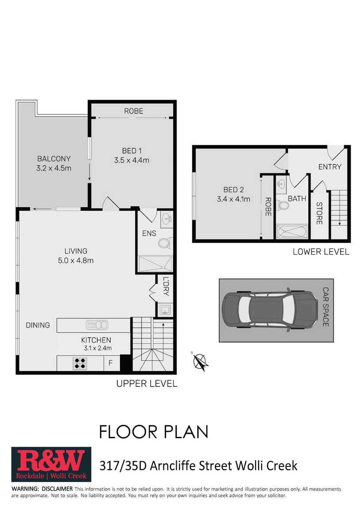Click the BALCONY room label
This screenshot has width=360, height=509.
54,159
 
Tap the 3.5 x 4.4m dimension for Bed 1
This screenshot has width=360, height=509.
132,160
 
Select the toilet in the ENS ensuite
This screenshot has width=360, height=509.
166,243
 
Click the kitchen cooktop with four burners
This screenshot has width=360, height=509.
80,363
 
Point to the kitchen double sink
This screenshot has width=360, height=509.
97,325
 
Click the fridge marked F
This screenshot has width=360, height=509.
110,363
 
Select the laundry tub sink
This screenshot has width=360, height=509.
165,310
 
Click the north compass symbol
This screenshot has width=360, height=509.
200,361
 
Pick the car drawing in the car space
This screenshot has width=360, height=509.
271,310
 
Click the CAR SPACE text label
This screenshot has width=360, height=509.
325,307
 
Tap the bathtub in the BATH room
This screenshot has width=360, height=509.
292,232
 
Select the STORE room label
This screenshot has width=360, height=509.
319,213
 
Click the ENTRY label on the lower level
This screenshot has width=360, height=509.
330,167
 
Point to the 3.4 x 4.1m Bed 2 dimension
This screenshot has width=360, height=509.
233,199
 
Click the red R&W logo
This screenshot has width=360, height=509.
51,464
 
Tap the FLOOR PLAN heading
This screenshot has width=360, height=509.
154,432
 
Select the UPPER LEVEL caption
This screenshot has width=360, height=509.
147,384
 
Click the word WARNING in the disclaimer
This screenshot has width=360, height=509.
25,489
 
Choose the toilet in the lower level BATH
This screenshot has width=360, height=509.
284,206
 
